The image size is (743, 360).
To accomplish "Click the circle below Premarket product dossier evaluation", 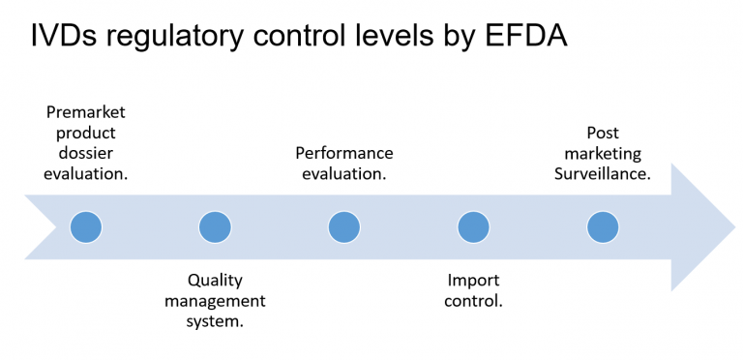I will point(86,227).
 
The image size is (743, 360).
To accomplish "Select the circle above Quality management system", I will point(215,227).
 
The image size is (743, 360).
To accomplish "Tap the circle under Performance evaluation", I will point(343,227).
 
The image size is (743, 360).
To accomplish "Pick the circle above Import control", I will point(473,227).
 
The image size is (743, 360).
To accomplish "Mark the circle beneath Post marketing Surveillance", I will point(602,227).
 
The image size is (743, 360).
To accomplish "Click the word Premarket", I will point(86,112).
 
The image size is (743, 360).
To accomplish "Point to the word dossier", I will point(86,153).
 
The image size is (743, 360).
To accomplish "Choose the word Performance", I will point(344,153).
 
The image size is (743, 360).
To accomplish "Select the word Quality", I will point(215,280).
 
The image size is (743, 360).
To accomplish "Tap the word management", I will point(215,301).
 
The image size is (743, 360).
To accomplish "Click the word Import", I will point(473,280).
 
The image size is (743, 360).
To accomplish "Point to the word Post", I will point(603,133).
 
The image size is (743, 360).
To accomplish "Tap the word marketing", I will point(603,153).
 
